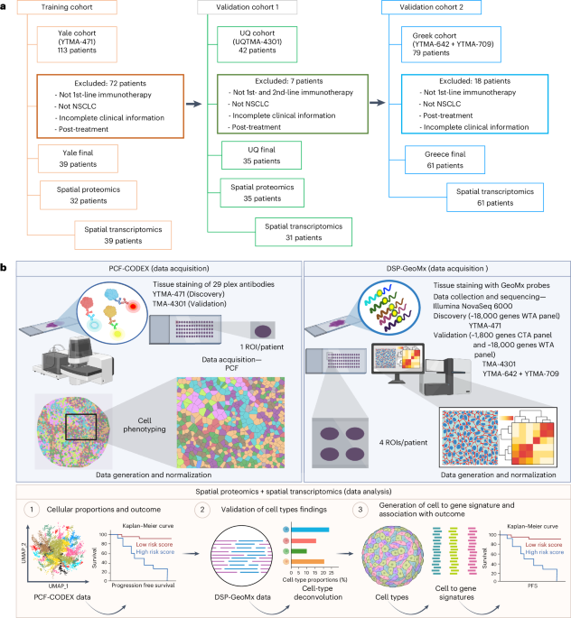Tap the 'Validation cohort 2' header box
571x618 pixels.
click(x=440, y=8)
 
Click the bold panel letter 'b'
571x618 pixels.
click(x=5, y=269)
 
